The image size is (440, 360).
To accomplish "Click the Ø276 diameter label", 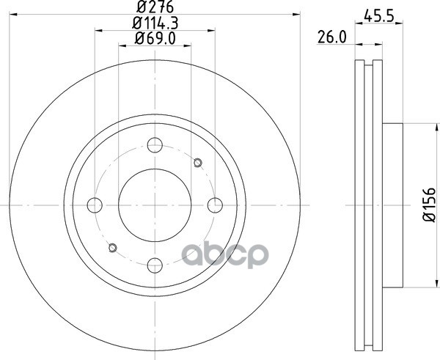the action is (x=155, y=7).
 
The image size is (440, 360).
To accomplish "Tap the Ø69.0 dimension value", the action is (x=155, y=38).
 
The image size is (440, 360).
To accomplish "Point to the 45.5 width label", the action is (x=379, y=17).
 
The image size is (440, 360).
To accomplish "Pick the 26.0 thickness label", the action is (x=332, y=37).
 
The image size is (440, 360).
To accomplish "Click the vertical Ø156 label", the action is (x=429, y=205).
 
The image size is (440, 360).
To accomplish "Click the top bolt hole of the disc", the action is (x=155, y=145).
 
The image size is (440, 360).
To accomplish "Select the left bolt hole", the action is (x=95, y=205).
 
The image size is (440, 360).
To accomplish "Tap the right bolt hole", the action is (x=215, y=205).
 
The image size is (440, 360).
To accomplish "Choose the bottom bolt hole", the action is (x=155, y=265).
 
